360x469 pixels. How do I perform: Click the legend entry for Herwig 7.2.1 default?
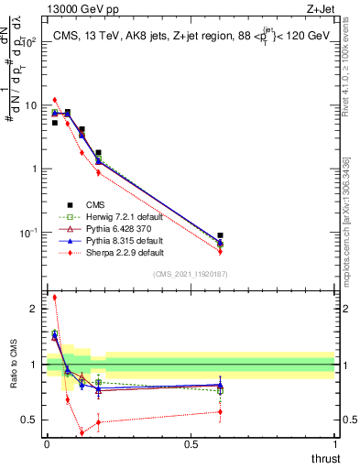tap(110, 216)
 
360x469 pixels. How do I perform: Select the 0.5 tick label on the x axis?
tap(191, 444)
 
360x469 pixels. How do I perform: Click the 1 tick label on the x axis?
tap(335, 444)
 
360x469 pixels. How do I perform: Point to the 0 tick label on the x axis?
tap(47, 444)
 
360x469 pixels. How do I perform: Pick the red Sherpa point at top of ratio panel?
tap(55, 297)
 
